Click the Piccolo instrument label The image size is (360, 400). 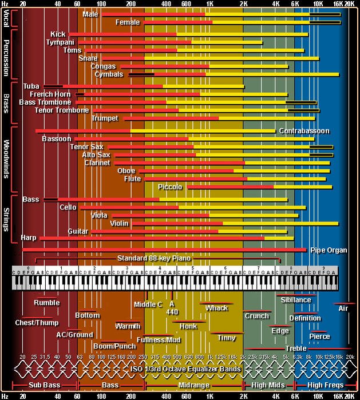point(170,187)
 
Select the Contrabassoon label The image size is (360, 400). point(304,131)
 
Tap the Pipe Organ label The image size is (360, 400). point(329,250)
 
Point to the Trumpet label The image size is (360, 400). point(104,118)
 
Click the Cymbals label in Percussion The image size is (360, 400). point(108,74)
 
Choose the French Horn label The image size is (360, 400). point(50,94)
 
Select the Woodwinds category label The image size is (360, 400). point(6,158)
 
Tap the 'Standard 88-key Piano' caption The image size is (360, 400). point(154,258)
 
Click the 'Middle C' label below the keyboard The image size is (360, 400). point(148,304)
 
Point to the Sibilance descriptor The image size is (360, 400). point(295,300)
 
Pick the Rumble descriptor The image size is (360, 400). point(47,303)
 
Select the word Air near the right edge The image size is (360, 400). point(343,308)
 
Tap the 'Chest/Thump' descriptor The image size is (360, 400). point(37,322)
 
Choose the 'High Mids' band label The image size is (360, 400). point(268,385)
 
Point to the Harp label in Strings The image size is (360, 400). point(28,237)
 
